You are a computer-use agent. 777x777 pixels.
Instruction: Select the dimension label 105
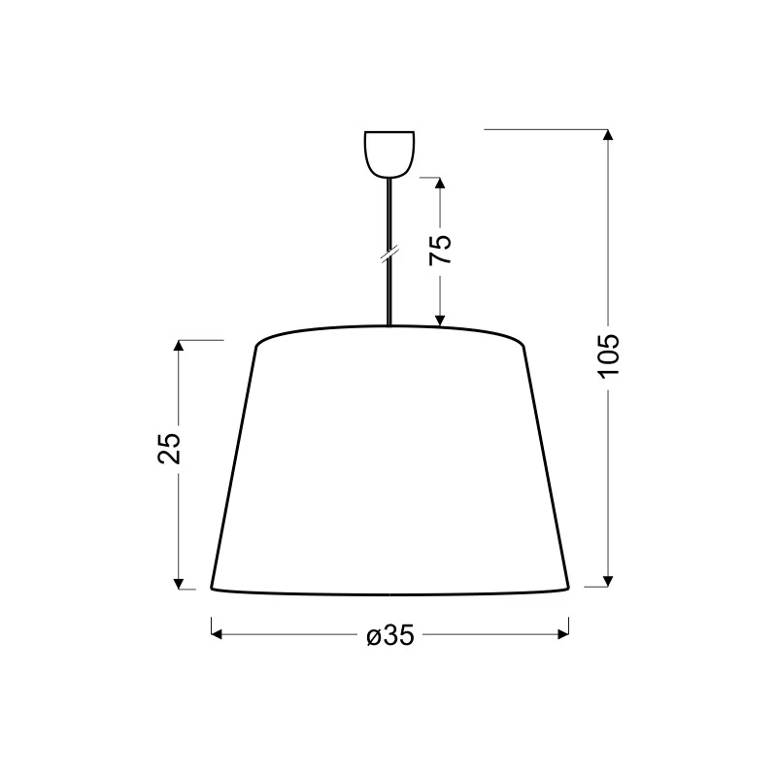(x=609, y=356)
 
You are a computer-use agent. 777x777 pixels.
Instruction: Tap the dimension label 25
(x=169, y=449)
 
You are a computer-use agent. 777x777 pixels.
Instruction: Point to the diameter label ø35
(x=390, y=635)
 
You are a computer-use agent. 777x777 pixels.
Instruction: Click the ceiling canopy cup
(x=389, y=154)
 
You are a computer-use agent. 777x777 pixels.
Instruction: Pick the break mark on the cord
(x=389, y=253)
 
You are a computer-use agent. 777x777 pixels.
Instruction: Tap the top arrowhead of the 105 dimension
(x=608, y=135)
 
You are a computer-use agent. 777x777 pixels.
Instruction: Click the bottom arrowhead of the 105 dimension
(x=608, y=581)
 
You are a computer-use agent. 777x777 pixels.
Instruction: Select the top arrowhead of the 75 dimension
(x=440, y=183)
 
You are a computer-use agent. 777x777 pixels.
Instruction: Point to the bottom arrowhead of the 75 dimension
(x=440, y=321)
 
